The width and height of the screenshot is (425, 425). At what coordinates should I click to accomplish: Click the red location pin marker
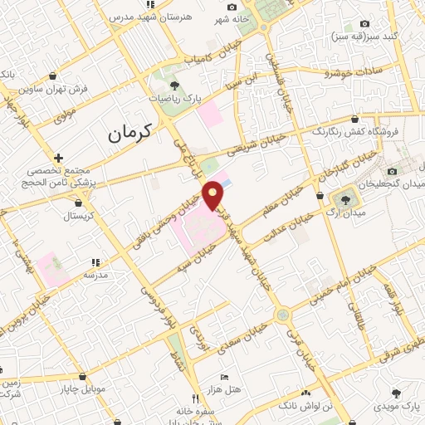(216, 193)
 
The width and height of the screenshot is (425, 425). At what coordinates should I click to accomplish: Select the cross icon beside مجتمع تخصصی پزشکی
(57, 158)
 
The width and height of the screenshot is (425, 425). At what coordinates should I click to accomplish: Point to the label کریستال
(81, 216)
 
